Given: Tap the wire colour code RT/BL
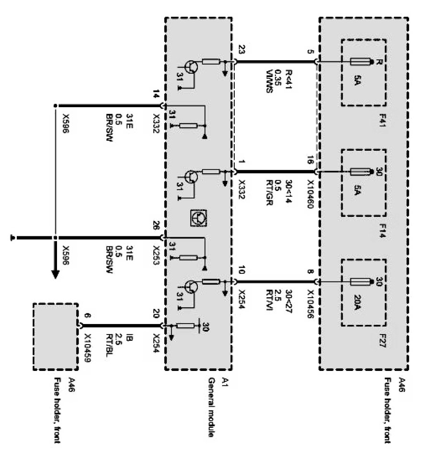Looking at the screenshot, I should (x=110, y=341).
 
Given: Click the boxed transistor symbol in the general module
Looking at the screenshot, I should (x=197, y=218).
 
